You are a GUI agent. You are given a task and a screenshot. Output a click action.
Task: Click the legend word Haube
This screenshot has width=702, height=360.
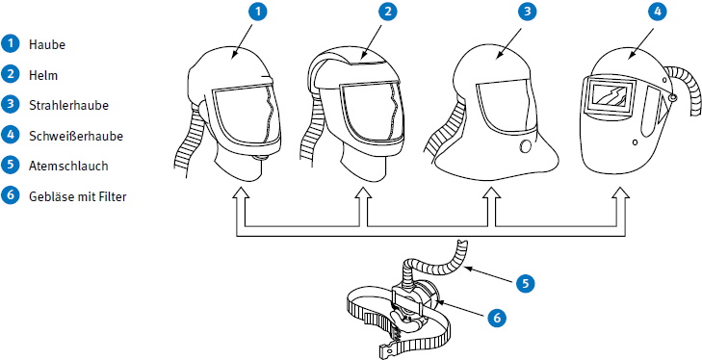47,45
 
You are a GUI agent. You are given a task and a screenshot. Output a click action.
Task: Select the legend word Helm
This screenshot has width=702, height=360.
43,75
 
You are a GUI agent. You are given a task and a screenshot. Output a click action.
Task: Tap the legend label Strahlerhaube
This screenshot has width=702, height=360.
68,105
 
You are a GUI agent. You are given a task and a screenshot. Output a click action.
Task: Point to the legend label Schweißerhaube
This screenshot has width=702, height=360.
76,136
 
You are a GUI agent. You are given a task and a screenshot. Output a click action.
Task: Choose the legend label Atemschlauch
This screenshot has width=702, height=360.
68,166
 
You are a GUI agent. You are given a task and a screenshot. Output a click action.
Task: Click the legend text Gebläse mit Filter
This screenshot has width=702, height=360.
78,196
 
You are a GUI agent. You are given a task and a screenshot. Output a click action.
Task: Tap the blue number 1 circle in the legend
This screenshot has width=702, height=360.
10,44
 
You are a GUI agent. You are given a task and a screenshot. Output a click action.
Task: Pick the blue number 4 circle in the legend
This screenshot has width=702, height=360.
10,135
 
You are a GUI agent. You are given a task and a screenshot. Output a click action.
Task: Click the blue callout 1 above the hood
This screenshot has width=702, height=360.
257,12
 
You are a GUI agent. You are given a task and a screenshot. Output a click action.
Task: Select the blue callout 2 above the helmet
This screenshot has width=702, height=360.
388,12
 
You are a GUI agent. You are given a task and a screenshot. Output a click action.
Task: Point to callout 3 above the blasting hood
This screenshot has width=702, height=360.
527,12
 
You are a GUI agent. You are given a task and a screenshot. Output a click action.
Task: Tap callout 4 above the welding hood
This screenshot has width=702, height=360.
657,12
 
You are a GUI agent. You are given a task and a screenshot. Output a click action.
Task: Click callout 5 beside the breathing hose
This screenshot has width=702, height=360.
525,283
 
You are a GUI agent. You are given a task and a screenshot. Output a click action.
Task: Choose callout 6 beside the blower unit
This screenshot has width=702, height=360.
496,318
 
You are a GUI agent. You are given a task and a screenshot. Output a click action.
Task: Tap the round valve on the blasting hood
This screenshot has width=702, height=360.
526,146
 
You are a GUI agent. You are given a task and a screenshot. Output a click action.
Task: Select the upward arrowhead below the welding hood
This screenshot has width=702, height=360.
620,193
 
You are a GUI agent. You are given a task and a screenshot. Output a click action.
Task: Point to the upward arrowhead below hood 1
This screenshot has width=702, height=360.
241,193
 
